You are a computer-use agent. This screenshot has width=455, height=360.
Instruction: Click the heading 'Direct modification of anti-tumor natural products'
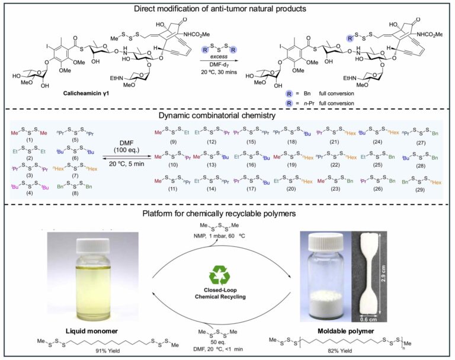(x=227, y=8)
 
